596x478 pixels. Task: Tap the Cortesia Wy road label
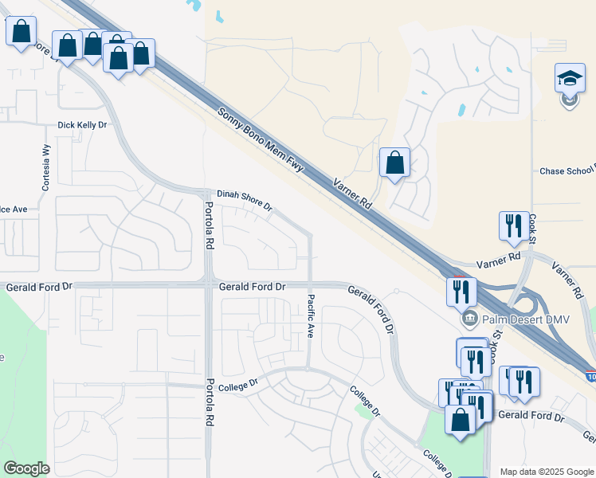point(46,168)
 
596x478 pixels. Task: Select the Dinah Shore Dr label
point(245,199)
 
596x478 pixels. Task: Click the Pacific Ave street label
point(310,316)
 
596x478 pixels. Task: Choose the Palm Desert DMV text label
point(516,320)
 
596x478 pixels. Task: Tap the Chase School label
point(567,170)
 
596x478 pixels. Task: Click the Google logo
point(26,468)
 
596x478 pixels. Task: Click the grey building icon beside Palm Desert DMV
point(469,320)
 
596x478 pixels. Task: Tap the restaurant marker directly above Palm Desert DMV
point(461,292)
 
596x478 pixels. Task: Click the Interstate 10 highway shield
point(590,374)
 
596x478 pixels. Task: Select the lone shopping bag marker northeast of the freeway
point(394,163)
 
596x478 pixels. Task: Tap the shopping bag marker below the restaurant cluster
point(460,420)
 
